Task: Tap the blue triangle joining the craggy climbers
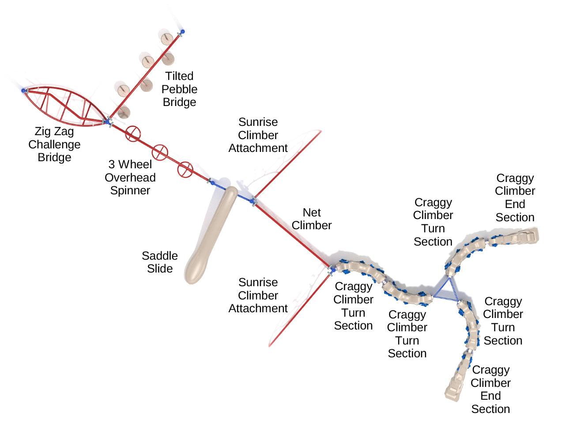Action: click(447, 292)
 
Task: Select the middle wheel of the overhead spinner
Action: click(160, 152)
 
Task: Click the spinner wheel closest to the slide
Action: click(185, 169)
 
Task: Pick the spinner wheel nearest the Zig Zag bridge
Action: click(133, 134)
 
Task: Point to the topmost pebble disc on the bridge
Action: click(166, 39)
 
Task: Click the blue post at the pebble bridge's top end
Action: click(182, 32)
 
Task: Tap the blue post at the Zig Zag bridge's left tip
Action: click(24, 91)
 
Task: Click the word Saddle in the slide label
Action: click(159, 256)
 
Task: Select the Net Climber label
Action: click(312, 219)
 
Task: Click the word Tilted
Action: click(179, 76)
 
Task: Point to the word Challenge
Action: click(54, 144)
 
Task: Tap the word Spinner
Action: click(130, 190)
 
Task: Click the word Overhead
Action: click(130, 178)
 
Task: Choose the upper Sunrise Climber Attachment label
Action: click(258, 135)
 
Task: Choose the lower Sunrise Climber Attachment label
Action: click(258, 295)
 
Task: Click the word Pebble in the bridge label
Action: click(179, 89)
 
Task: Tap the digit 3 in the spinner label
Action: click(112, 164)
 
